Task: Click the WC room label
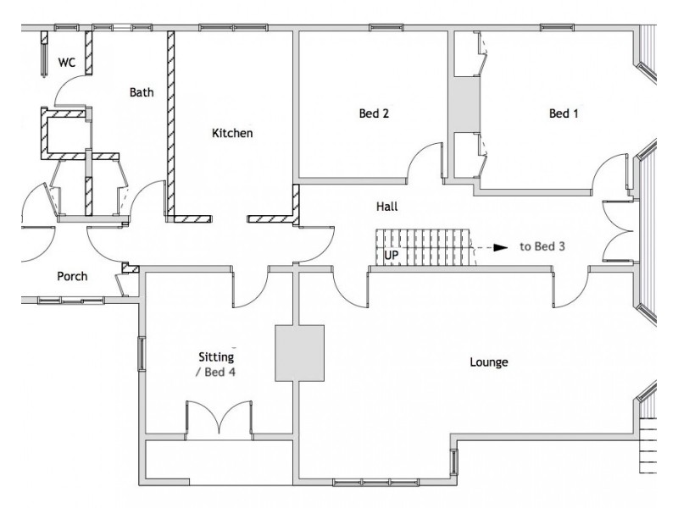pos(66,63)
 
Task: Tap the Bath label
pos(142,92)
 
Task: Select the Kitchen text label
pos(232,133)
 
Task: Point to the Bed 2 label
pos(374,113)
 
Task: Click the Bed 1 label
pos(564,113)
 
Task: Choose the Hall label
pos(387,206)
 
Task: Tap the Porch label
pos(71,276)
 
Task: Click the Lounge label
pos(489,362)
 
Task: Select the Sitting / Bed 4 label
pos(216,365)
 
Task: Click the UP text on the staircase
pos(392,254)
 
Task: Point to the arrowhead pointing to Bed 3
pos(501,247)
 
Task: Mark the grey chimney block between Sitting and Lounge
pos(300,352)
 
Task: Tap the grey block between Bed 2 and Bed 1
pos(464,103)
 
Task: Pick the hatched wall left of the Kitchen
pos(170,123)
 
